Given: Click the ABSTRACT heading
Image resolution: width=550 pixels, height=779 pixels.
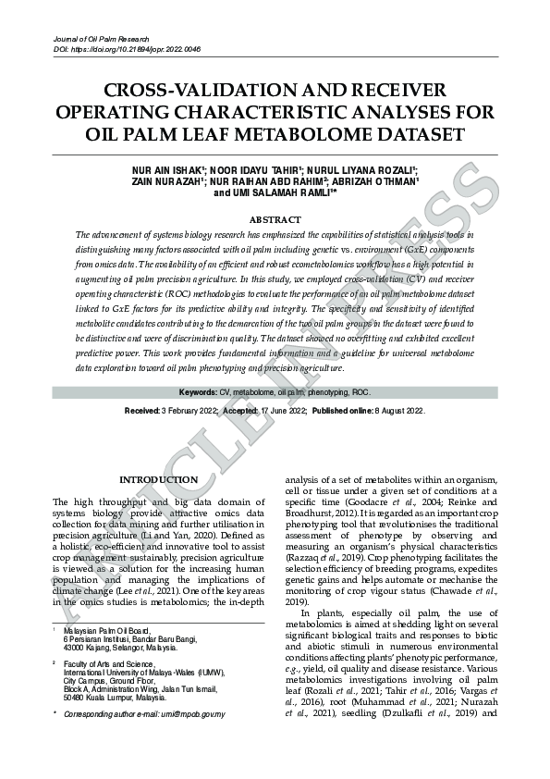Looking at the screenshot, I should (275, 219).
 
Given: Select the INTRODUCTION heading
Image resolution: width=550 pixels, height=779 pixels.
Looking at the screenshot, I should (158, 479).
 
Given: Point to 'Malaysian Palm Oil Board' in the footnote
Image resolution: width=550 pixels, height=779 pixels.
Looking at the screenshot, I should (104, 630).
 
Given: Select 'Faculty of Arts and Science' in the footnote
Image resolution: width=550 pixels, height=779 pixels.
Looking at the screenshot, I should (106, 664).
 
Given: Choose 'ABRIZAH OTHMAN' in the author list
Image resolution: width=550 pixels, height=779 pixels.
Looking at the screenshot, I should (378, 182).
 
